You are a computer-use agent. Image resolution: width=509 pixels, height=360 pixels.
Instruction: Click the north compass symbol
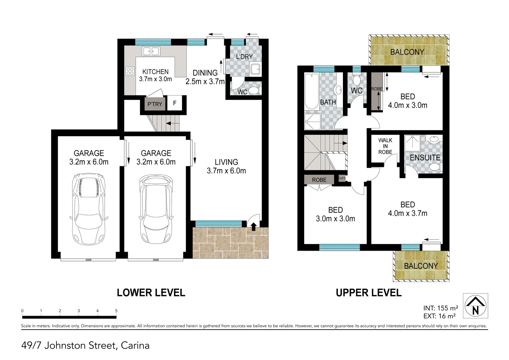tap(475, 306)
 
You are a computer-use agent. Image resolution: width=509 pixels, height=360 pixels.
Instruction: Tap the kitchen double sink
tap(151, 51)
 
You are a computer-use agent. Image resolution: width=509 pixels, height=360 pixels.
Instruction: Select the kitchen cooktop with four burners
tap(130, 71)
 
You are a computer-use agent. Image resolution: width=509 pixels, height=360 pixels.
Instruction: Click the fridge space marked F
tap(175, 103)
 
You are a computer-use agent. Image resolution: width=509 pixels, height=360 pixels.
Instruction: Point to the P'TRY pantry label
tap(155, 104)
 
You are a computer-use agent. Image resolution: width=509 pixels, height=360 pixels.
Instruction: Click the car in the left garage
tap(89, 209)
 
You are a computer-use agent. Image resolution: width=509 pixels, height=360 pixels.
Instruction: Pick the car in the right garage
tap(156, 209)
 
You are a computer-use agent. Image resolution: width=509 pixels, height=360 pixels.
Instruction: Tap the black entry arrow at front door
tap(253, 227)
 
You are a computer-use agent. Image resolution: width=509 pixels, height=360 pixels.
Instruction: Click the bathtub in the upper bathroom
tap(312, 92)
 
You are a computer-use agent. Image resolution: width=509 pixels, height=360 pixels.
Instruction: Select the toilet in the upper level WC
tap(356, 79)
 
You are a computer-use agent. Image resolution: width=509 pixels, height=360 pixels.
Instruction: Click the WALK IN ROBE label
tap(385, 146)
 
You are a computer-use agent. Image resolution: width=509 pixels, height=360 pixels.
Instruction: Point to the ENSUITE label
tap(425, 158)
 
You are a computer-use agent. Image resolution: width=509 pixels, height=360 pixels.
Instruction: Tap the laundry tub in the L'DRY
tap(256, 69)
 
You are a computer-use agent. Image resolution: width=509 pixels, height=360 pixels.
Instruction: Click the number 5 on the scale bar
tap(116, 311)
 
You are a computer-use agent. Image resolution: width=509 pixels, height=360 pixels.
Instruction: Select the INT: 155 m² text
tap(441, 308)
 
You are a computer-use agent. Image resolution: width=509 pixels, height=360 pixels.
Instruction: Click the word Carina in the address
tap(135, 345)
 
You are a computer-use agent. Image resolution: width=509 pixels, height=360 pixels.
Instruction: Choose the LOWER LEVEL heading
tap(151, 293)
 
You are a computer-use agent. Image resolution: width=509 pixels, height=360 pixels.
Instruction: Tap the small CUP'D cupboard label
tap(342, 178)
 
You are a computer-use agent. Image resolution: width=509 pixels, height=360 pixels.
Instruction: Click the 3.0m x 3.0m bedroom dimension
tap(336, 219)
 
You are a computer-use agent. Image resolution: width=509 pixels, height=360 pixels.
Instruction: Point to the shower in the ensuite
tap(412, 143)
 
